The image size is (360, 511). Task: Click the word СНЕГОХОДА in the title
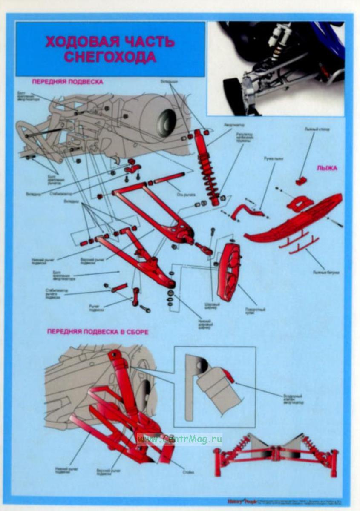pyautogui.click(x=110, y=57)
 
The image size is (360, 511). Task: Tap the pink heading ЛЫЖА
pyautogui.click(x=327, y=168)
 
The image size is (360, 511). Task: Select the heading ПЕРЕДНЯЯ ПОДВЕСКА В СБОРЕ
pyautogui.click(x=98, y=331)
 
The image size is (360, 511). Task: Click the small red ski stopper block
pyautogui.click(x=301, y=181)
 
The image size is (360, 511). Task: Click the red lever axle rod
pyautogui.click(x=169, y=178)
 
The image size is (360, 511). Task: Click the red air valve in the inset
pyautogui.click(x=228, y=376)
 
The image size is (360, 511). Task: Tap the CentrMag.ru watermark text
pyautogui.click(x=179, y=438)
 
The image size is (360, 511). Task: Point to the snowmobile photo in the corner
pyautogui.click(x=275, y=68)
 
